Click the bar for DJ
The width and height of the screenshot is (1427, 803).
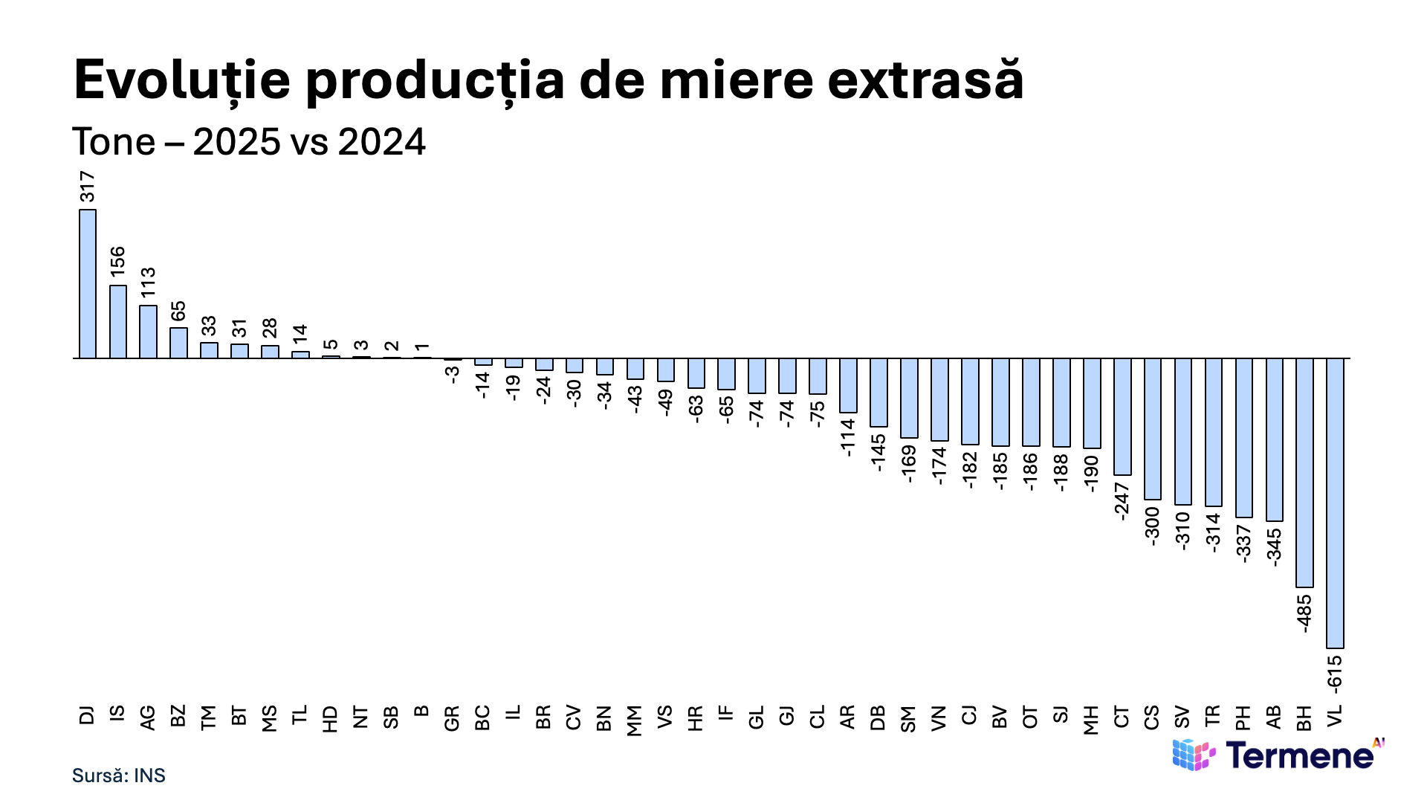(88, 284)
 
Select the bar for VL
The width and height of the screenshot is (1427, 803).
(1335, 503)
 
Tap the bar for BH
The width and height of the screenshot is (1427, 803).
(1304, 473)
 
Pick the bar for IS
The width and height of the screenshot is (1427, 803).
(118, 322)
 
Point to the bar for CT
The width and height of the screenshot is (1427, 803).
(1122, 417)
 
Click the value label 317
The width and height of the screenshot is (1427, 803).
(88, 187)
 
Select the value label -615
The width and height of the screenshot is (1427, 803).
(1335, 673)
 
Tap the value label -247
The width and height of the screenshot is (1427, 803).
(1122, 500)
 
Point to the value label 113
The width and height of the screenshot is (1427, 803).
(149, 283)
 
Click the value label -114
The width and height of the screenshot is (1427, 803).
(848, 437)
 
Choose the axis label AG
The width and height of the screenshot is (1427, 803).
(148, 717)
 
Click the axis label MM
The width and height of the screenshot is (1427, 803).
(635, 720)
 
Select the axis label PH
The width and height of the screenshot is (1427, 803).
(1243, 717)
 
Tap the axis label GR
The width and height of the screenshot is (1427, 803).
(452, 718)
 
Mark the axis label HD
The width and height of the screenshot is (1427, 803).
(331, 719)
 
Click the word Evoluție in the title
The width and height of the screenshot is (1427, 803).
(182, 80)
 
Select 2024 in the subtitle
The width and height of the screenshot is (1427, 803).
(382, 141)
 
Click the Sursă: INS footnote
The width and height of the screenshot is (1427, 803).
(119, 775)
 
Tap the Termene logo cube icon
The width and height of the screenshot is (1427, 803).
(1194, 755)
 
